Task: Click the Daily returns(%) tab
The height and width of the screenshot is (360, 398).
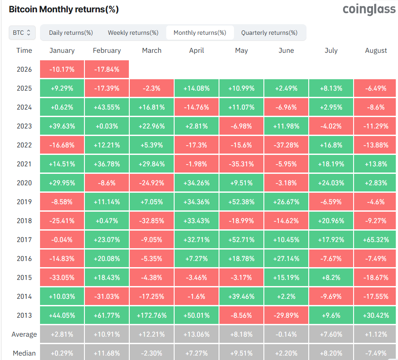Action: coord(71,33)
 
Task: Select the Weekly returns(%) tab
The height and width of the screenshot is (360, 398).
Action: coord(133,33)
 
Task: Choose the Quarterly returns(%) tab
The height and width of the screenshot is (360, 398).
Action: coord(269,33)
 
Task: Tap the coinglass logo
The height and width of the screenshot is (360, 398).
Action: coord(369,9)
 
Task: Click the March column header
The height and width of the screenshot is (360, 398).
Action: coord(152,51)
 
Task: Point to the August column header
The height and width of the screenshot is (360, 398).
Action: coord(376,51)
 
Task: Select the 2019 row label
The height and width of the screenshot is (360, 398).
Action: coord(24,202)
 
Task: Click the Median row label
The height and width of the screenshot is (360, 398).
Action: coord(24,353)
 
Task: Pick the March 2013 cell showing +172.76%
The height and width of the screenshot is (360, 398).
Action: coord(152,316)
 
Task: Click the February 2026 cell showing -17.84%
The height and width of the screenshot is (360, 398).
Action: coord(107,70)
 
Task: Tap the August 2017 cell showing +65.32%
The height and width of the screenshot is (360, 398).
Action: coord(376,240)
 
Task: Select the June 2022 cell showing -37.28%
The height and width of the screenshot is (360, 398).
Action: coord(286,145)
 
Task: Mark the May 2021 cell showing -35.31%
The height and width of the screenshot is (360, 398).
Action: coord(241,164)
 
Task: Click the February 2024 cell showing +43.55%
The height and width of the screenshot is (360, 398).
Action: coord(107,107)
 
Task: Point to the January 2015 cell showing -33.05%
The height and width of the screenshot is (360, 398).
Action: coord(62,278)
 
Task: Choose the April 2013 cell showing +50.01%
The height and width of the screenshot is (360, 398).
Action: coord(197,316)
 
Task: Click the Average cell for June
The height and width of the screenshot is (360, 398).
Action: coord(286,334)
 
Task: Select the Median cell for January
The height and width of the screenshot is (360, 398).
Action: coord(62,353)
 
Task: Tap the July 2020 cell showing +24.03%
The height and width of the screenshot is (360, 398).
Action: coord(331,183)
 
